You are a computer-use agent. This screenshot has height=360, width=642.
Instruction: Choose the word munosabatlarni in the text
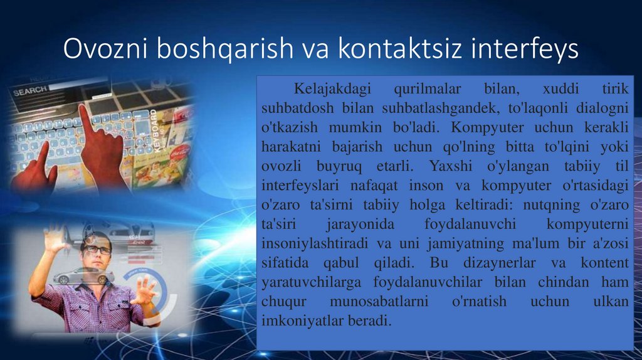[x=379, y=302]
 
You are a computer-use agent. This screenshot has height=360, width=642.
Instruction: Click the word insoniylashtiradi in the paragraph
[x=315, y=243]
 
